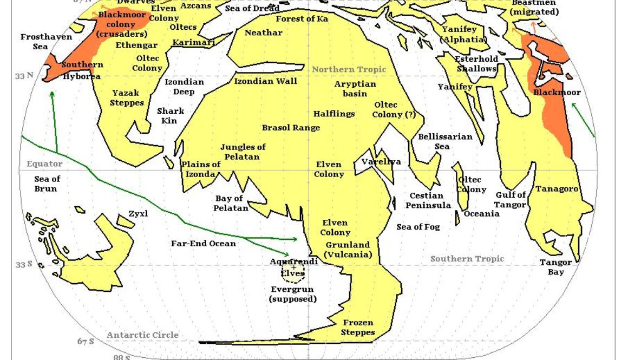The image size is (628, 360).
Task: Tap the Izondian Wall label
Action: pyautogui.click(x=265, y=81)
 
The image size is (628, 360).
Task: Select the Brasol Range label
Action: pyautogui.click(x=291, y=128)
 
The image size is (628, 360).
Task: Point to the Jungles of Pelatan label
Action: pyautogui.click(x=243, y=152)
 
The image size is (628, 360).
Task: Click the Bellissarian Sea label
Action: pyautogui.click(x=444, y=141)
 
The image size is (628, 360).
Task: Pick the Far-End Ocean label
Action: pyautogui.click(x=204, y=244)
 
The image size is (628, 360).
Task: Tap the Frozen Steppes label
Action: pyautogui.click(x=358, y=328)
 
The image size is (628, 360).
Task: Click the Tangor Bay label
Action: pyautogui.click(x=555, y=267)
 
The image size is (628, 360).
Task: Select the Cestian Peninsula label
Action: pyautogui.click(x=428, y=200)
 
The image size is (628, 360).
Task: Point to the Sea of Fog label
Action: pyautogui.click(x=418, y=227)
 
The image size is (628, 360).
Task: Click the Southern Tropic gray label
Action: pyautogui.click(x=467, y=259)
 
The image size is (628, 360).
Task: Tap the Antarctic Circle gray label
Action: pyautogui.click(x=142, y=335)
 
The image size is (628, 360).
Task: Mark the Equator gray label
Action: pyautogui.click(x=44, y=163)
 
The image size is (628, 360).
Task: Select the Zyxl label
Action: pyautogui.click(x=138, y=214)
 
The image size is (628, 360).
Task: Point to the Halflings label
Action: pyautogui.click(x=334, y=114)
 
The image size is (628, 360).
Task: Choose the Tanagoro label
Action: pyautogui.click(x=557, y=189)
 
